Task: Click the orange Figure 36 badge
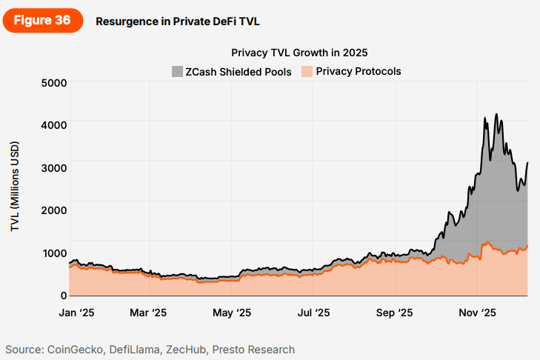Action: point(42,21)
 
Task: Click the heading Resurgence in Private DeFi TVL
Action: point(177,21)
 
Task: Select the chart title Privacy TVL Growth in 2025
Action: point(299,53)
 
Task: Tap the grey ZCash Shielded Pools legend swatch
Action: point(176,72)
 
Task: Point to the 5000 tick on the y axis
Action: point(53,82)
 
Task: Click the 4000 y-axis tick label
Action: point(53,125)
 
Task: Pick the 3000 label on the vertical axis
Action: point(53,167)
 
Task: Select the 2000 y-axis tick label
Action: point(53,210)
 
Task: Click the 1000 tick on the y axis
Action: point(53,253)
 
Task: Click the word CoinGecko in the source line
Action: point(78,350)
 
